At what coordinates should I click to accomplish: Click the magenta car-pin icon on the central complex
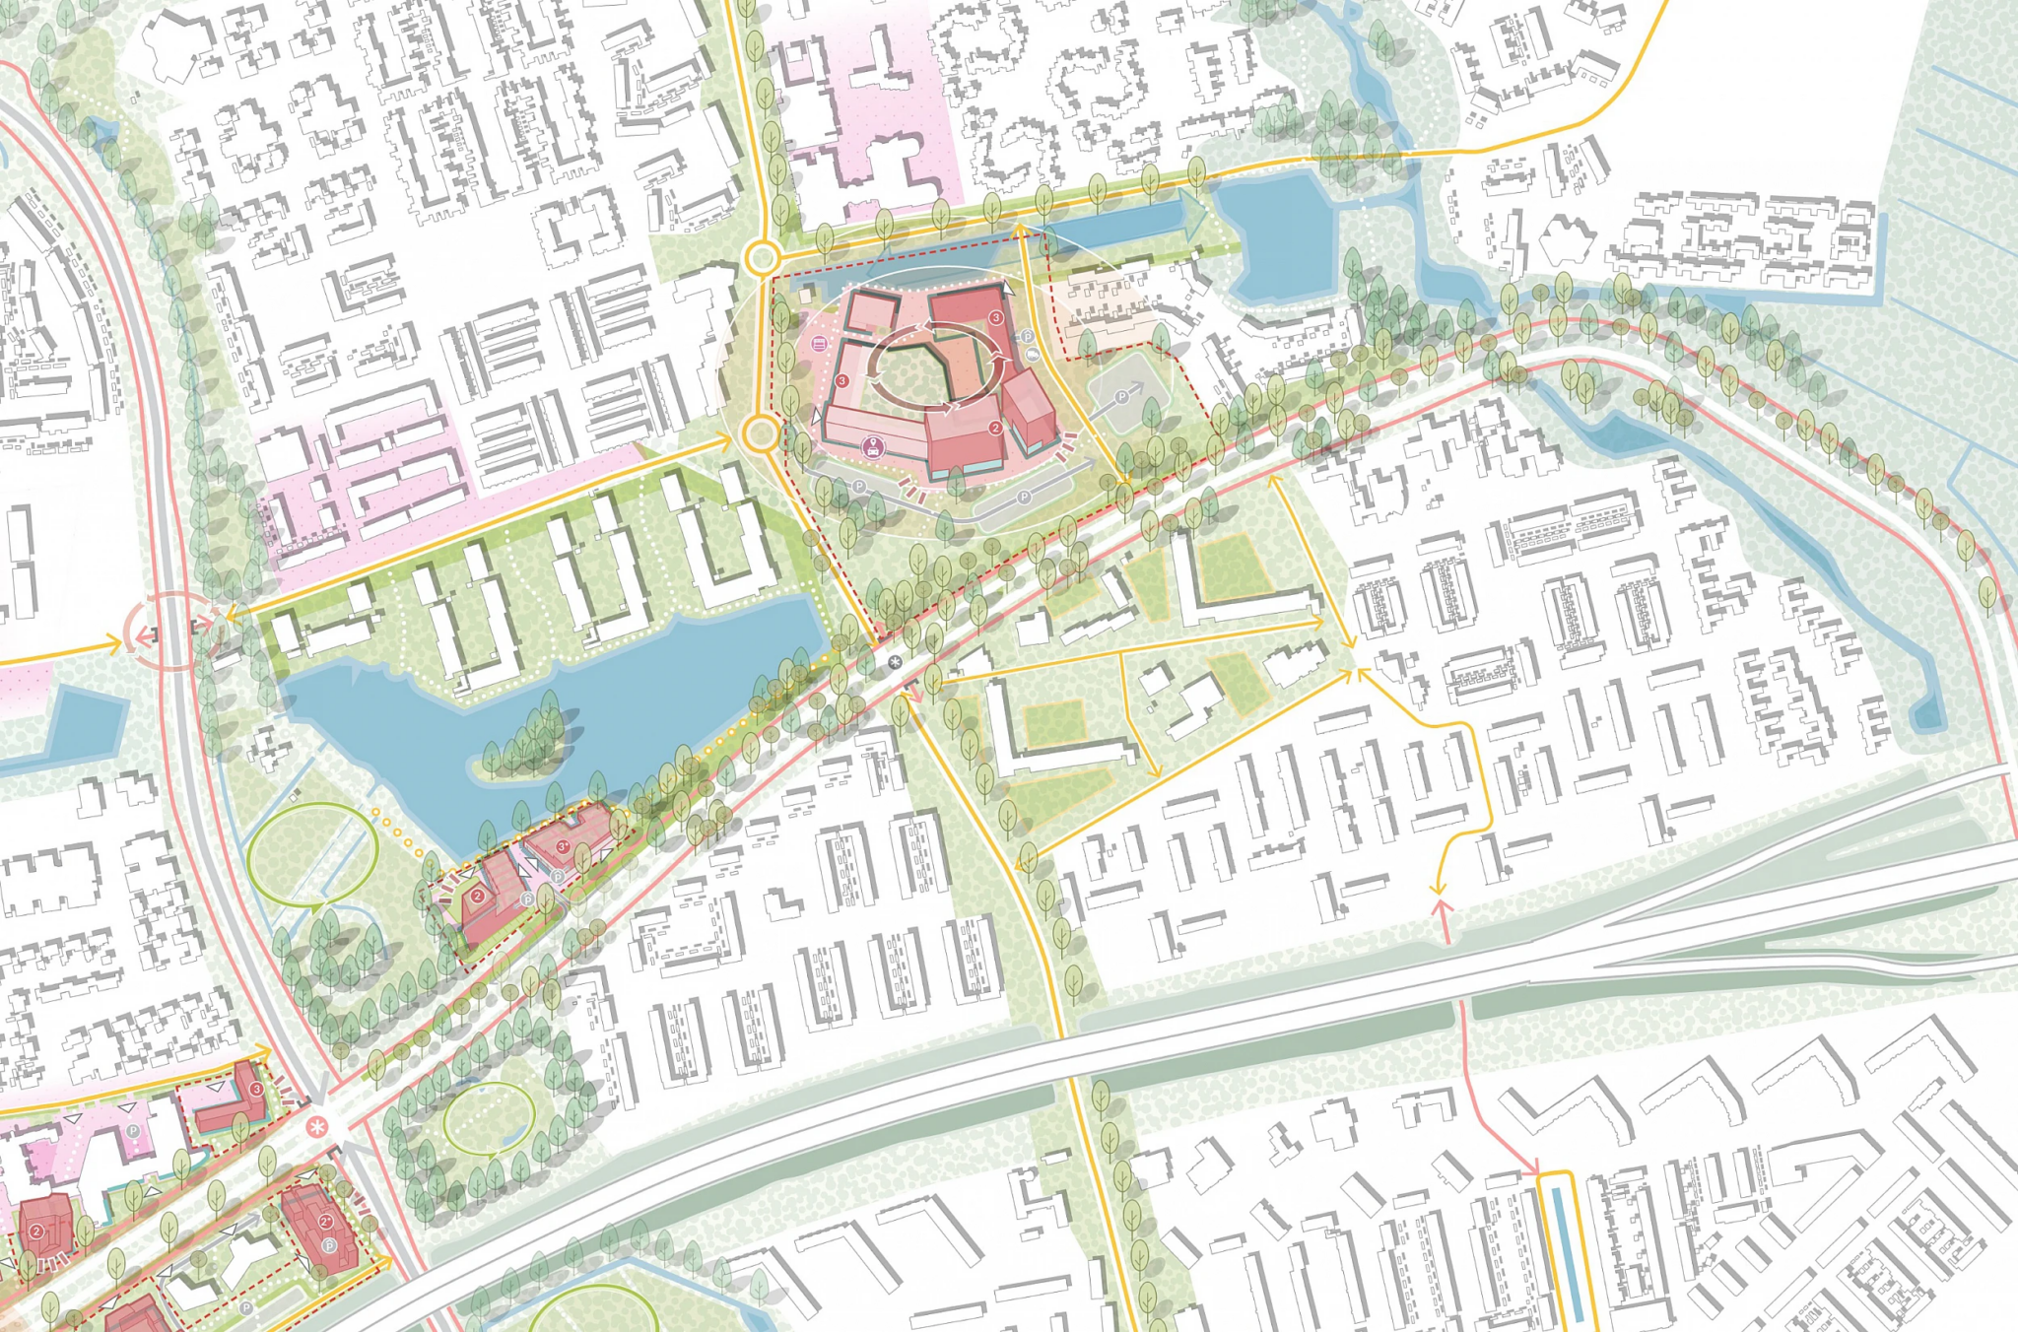pyautogui.click(x=872, y=448)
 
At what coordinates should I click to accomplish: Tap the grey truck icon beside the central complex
pyautogui.click(x=1033, y=353)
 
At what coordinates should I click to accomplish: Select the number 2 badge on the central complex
pyautogui.click(x=996, y=428)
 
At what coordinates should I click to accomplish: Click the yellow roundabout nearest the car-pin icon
pyautogui.click(x=761, y=433)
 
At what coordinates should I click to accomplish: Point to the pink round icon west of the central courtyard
pyautogui.click(x=819, y=344)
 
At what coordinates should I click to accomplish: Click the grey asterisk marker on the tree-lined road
pyautogui.click(x=895, y=663)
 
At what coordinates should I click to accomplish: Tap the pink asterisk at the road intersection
pyautogui.click(x=316, y=1127)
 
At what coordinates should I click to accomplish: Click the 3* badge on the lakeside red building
pyautogui.click(x=564, y=846)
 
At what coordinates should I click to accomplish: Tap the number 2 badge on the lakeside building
pyautogui.click(x=478, y=896)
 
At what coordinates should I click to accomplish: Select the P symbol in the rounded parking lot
pyautogui.click(x=1121, y=397)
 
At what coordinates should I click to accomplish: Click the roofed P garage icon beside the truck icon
pyautogui.click(x=1027, y=336)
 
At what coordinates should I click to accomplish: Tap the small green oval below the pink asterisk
pyautogui.click(x=489, y=1120)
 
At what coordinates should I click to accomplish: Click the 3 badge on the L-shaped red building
pyautogui.click(x=257, y=1089)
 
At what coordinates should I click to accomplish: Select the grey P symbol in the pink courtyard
pyautogui.click(x=133, y=1132)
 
